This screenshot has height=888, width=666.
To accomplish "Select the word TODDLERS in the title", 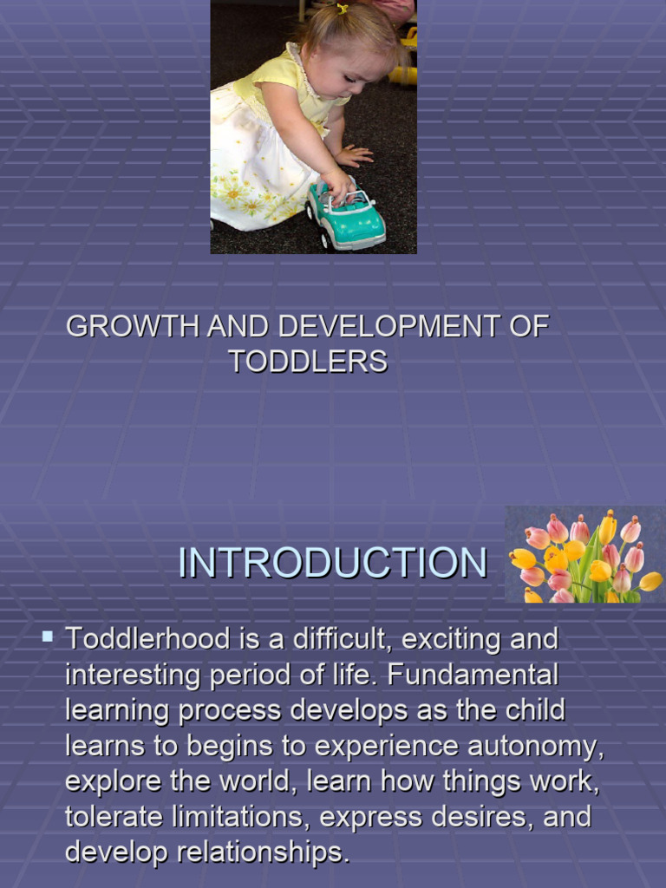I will point(308,362).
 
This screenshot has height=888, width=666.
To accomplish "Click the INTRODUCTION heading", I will point(332,564).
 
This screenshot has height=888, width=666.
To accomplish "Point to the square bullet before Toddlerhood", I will point(48,637).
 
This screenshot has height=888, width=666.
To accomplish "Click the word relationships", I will point(263,852).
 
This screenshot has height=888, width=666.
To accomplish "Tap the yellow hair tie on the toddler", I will point(343,10).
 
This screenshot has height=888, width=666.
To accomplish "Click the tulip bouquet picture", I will point(584,556).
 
